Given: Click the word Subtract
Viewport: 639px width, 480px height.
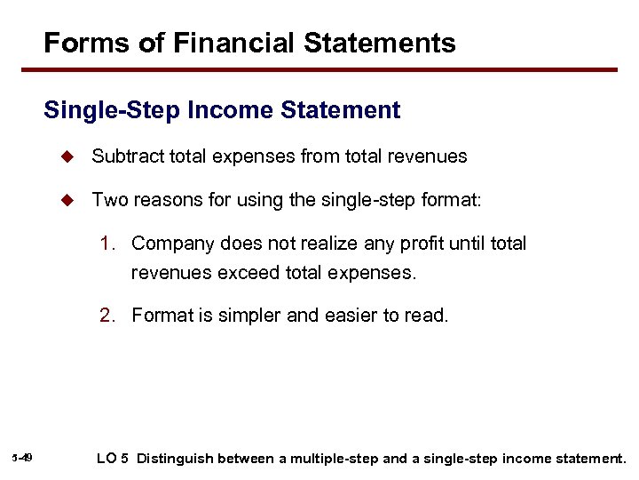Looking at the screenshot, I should coord(129,156).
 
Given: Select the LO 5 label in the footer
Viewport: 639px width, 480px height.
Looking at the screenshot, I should coord(112,459).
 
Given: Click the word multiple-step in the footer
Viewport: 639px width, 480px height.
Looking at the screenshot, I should coord(328,459).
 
